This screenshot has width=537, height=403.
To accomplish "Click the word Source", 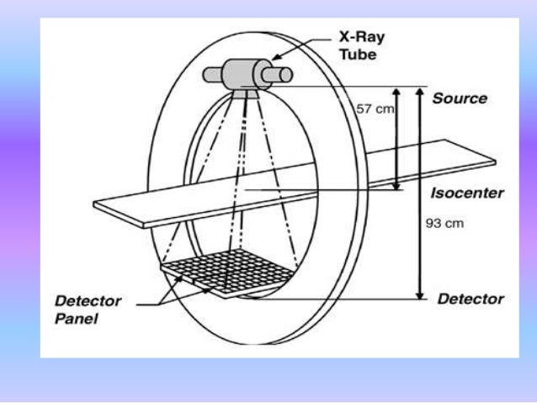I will click(x=460, y=98).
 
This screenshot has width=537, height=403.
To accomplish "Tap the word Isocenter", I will click(x=467, y=193).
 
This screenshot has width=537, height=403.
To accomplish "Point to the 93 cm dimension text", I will click(x=444, y=225).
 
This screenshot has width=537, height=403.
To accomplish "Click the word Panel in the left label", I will click(x=76, y=319).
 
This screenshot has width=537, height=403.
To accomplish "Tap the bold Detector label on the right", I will click(x=470, y=299).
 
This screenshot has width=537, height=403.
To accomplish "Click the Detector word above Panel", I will click(x=88, y=301).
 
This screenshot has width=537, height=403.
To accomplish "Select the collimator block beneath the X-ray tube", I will click(x=246, y=93).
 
